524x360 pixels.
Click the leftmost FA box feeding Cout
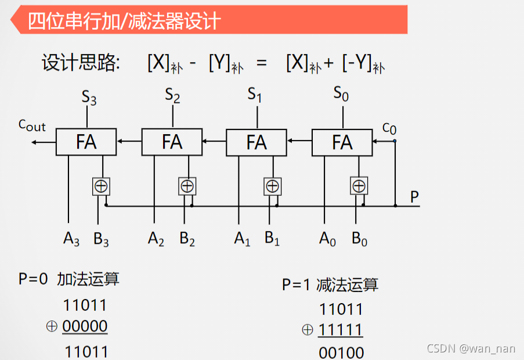click(x=86, y=142)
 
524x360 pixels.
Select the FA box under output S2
click(x=172, y=142)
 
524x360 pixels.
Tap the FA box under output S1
click(x=256, y=142)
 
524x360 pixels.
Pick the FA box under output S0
click(x=342, y=142)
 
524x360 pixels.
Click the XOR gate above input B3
click(x=101, y=186)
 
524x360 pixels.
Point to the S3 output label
click(x=89, y=97)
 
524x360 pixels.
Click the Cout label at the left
click(x=32, y=125)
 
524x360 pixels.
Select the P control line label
click(x=414, y=197)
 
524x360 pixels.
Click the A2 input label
click(x=156, y=239)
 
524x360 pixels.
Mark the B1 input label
click(x=272, y=239)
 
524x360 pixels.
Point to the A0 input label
click(x=327, y=239)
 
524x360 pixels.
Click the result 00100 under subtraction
click(x=341, y=352)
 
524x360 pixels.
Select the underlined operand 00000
click(x=85, y=326)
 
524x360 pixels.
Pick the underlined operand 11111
click(x=340, y=330)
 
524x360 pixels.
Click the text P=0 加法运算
click(x=69, y=279)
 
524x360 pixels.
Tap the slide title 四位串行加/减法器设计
click(x=124, y=21)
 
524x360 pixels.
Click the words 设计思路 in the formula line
click(x=80, y=63)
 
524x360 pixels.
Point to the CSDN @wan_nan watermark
click(x=471, y=348)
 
